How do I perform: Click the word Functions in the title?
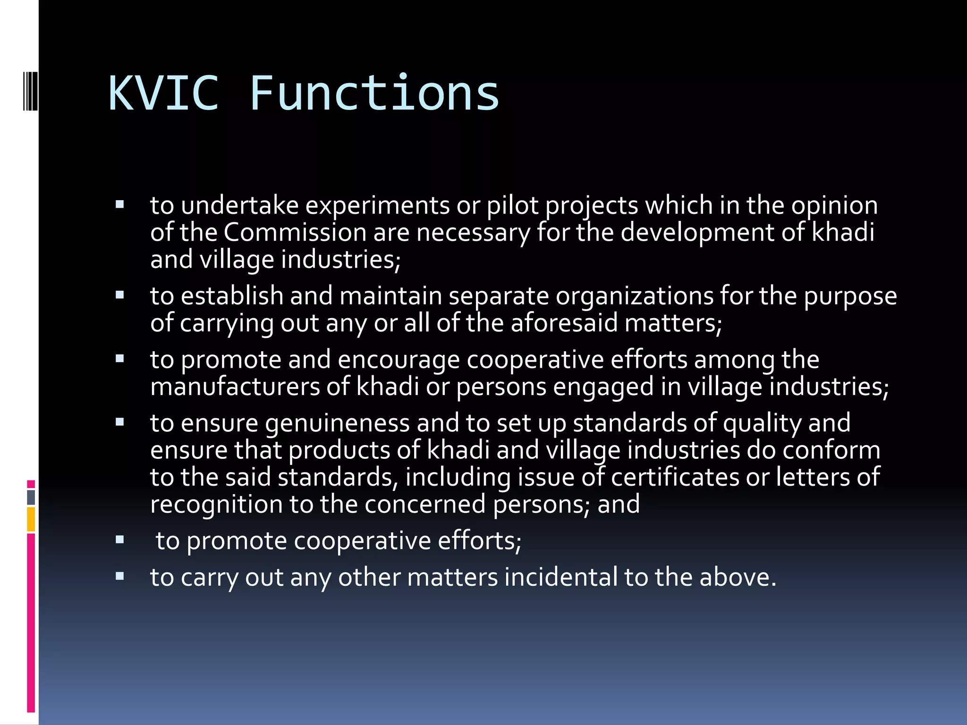pos(374,93)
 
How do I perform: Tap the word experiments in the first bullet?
pos(377,206)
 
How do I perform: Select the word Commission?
pos(295,233)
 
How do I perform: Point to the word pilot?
pos(513,206)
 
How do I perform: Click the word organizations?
pos(634,297)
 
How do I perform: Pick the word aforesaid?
pos(564,324)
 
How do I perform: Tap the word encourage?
pos(399,360)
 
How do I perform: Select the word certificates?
pos(675,477)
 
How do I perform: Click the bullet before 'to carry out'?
pos(119,576)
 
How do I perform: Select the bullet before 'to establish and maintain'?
pos(119,295)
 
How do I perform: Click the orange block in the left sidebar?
pos(31,519)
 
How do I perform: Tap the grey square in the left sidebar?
pos(31,497)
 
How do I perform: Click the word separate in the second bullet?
pos(499,297)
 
